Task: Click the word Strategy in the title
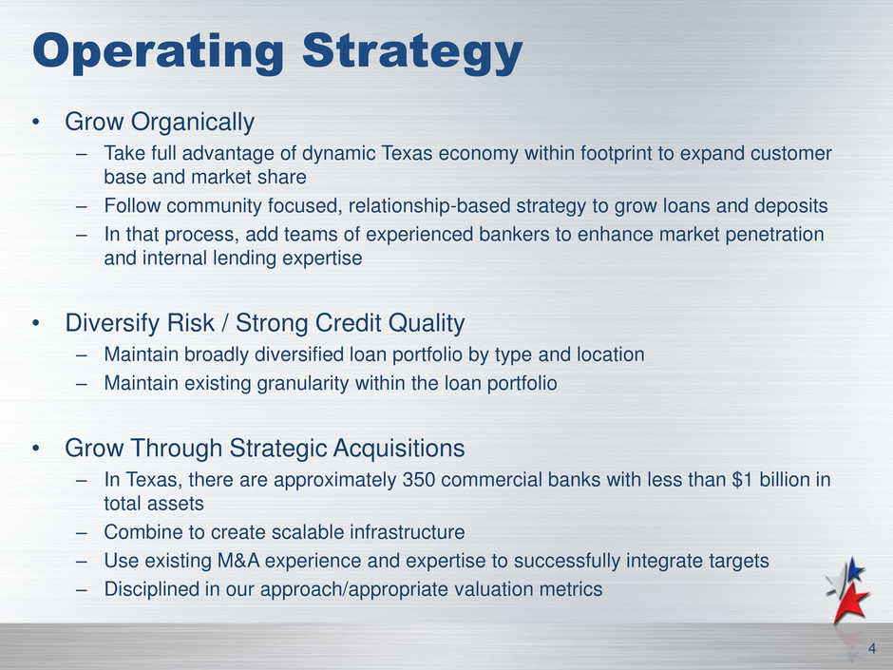[412, 52]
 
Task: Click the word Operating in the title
[159, 52]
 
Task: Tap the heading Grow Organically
[160, 122]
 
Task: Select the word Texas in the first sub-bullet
[403, 153]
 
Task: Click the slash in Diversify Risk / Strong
[225, 323]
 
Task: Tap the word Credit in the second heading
[349, 323]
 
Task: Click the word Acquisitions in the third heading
[399, 449]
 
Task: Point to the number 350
[419, 480]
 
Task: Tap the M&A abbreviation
[238, 561]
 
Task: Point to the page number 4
[872, 648]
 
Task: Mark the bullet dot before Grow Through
[36, 449]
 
